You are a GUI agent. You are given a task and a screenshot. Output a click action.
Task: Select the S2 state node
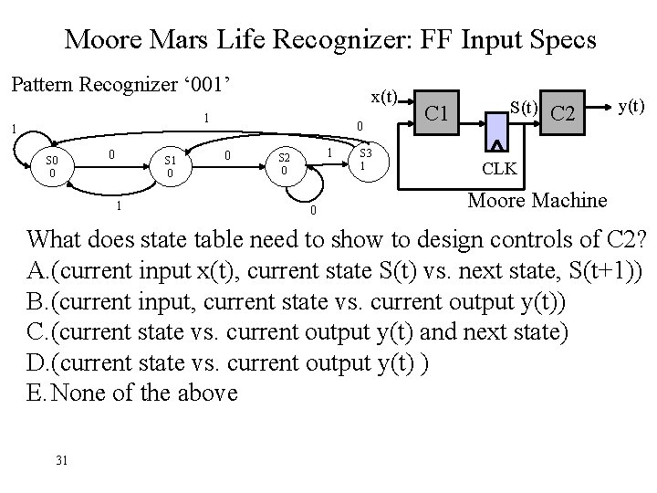(x=285, y=164)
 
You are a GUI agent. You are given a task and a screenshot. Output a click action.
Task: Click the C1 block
(x=437, y=113)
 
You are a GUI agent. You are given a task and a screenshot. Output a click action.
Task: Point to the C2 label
(x=564, y=113)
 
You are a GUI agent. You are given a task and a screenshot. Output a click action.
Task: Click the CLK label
(x=499, y=168)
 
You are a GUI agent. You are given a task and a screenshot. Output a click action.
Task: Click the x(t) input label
(x=383, y=97)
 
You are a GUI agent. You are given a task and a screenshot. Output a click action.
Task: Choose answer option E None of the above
(x=132, y=393)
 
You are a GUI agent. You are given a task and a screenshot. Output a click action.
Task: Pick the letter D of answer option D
(x=36, y=362)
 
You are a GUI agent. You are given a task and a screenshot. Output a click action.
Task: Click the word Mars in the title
(x=188, y=40)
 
